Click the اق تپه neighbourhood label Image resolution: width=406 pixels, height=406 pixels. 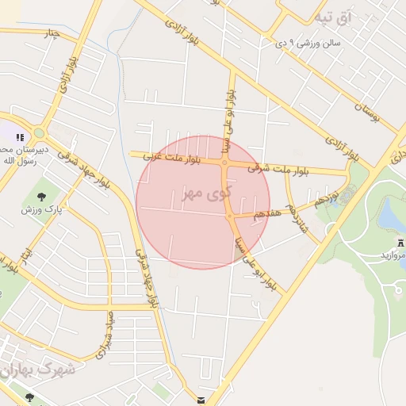[x=332, y=16]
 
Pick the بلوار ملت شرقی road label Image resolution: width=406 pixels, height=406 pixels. [x=277, y=168]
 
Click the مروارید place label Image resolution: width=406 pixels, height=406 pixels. [x=392, y=255]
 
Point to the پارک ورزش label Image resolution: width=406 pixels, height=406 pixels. [x=41, y=210]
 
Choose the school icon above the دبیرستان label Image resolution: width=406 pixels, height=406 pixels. [x=20, y=138]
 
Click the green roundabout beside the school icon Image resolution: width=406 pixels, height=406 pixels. [x=38, y=133]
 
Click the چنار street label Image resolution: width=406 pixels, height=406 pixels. [x=52, y=33]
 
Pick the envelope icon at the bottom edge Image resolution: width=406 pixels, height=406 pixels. [x=204, y=400]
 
